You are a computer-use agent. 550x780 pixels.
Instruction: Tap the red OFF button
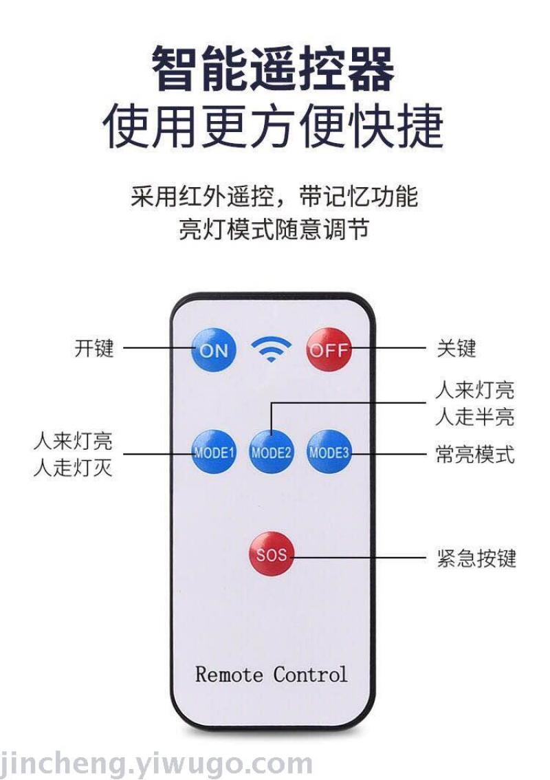click(329, 349)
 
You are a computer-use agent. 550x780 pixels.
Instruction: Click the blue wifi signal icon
click(272, 349)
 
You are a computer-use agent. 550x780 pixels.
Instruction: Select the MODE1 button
click(214, 453)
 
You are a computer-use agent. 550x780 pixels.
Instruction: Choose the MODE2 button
click(272, 453)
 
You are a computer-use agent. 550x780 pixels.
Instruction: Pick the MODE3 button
click(329, 452)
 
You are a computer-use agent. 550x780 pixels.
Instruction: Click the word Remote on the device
click(230, 674)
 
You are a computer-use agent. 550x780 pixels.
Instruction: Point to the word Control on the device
click(310, 674)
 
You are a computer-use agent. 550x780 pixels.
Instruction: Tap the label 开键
click(94, 348)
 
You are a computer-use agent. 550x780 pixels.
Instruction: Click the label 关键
click(456, 348)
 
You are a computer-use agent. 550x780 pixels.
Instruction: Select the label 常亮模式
click(474, 455)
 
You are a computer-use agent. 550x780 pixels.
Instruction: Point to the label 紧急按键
click(476, 557)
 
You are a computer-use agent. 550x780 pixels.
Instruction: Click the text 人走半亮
click(474, 417)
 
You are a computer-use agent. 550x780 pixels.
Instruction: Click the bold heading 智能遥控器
click(274, 69)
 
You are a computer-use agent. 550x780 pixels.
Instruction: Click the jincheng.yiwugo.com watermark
click(157, 763)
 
